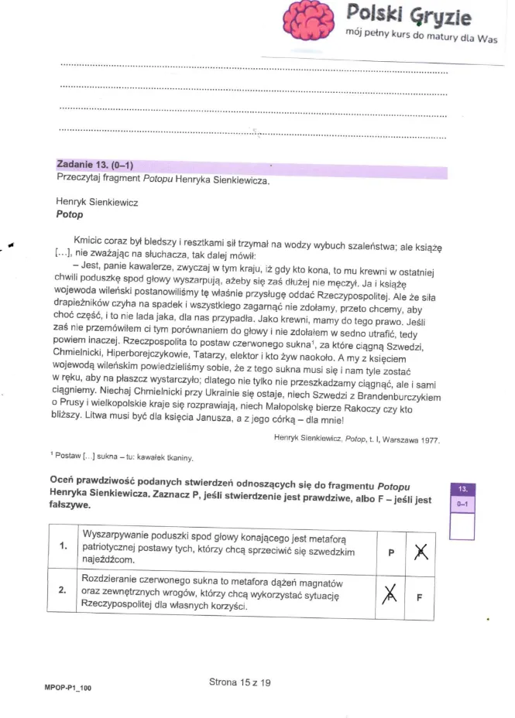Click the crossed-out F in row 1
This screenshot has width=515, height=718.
pyautogui.click(x=421, y=552)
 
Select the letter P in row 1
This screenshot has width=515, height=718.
pyautogui.click(x=391, y=552)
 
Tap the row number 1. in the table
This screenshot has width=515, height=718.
pyautogui.click(x=63, y=546)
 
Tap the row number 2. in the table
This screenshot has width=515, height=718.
pyautogui.click(x=63, y=590)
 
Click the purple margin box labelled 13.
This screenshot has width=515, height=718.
pyautogui.click(x=462, y=489)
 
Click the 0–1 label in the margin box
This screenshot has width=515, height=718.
pyautogui.click(x=462, y=503)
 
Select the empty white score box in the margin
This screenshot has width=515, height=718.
pyautogui.click(x=462, y=526)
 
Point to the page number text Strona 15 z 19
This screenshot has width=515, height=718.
pyautogui.click(x=239, y=682)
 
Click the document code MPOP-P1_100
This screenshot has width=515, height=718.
pyautogui.click(x=68, y=686)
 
